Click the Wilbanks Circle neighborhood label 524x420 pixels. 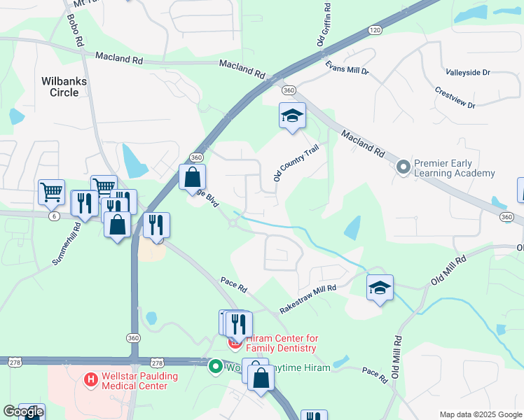pos(64,87)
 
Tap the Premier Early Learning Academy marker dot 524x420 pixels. pos(403,167)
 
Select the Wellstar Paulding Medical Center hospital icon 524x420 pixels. pos(90,380)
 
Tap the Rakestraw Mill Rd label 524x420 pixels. pos(308,298)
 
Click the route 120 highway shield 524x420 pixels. pos(375,30)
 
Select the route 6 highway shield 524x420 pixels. pos(54,216)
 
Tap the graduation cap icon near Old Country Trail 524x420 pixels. pos(292,116)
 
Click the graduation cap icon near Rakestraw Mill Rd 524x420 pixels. pos(380,288)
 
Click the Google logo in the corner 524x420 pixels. pos(24,412)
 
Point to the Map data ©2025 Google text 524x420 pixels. pos(481,414)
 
